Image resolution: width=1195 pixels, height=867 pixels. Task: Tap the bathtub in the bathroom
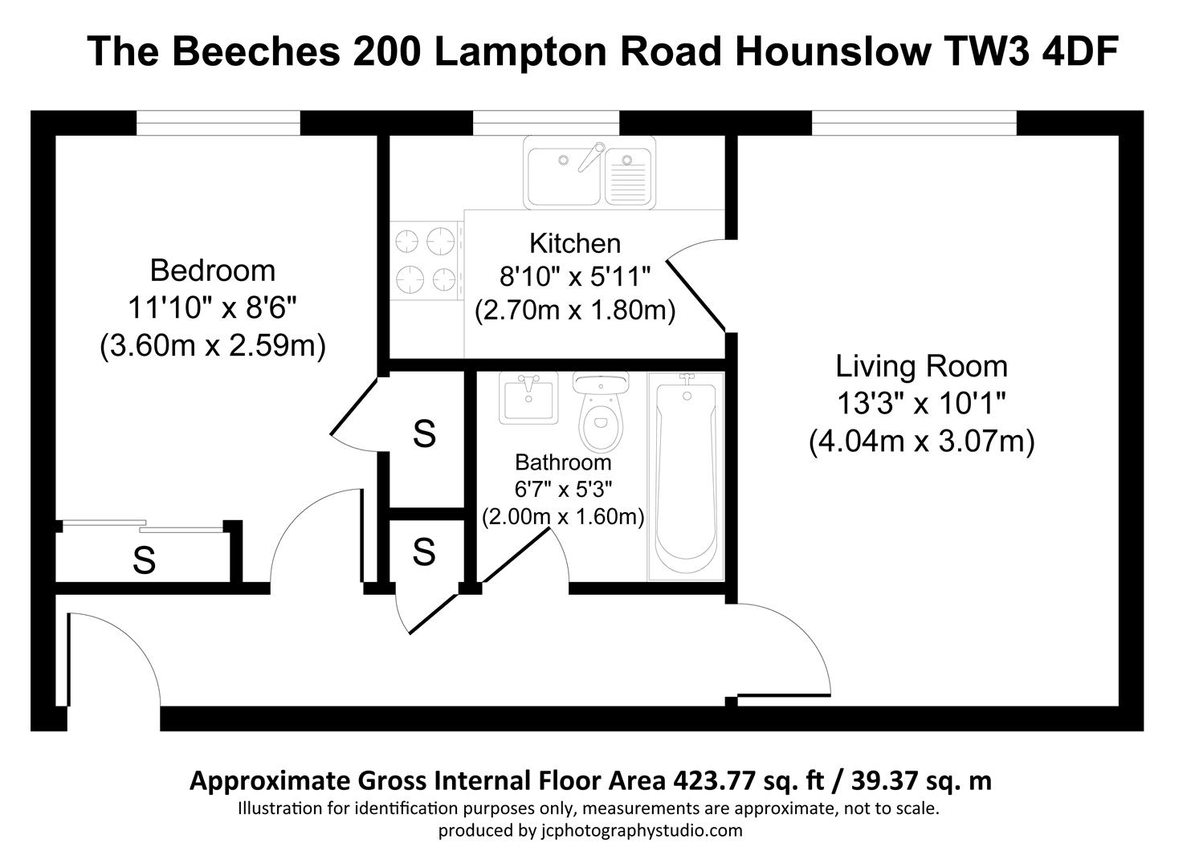(x=685, y=478)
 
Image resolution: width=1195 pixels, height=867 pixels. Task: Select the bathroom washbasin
(x=528, y=397)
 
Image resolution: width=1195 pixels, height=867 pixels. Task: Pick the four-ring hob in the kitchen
(x=425, y=260)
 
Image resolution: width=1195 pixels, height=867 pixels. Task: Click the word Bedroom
(x=212, y=271)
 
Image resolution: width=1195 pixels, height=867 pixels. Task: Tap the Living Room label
(x=921, y=366)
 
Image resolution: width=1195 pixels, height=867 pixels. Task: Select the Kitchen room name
(x=574, y=243)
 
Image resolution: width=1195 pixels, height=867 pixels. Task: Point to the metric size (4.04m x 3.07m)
(x=921, y=442)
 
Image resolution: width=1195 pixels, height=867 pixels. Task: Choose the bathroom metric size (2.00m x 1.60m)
(x=563, y=516)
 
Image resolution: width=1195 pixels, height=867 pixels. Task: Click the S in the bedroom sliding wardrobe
(x=144, y=560)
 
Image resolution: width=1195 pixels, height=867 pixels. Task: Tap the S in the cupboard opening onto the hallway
(x=424, y=552)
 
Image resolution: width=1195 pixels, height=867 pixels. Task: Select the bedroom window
(x=218, y=123)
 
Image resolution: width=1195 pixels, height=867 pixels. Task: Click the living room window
(x=914, y=123)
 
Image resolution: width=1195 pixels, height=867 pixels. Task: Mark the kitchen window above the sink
(x=546, y=123)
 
